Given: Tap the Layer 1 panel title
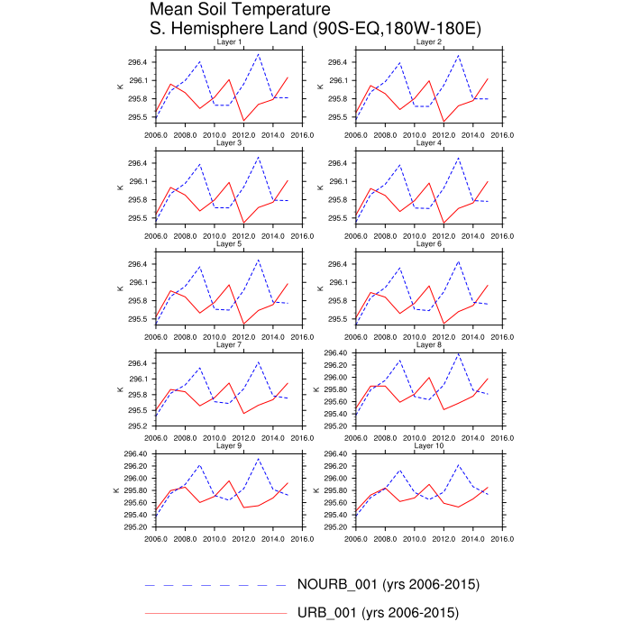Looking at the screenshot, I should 229,42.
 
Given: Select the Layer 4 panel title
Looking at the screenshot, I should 428,143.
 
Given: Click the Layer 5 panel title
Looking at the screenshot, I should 229,244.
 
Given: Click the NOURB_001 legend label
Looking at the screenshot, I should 387,584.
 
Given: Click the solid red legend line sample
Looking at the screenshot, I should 216,614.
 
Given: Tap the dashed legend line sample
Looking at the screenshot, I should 216,585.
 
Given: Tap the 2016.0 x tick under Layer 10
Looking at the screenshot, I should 501,540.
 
